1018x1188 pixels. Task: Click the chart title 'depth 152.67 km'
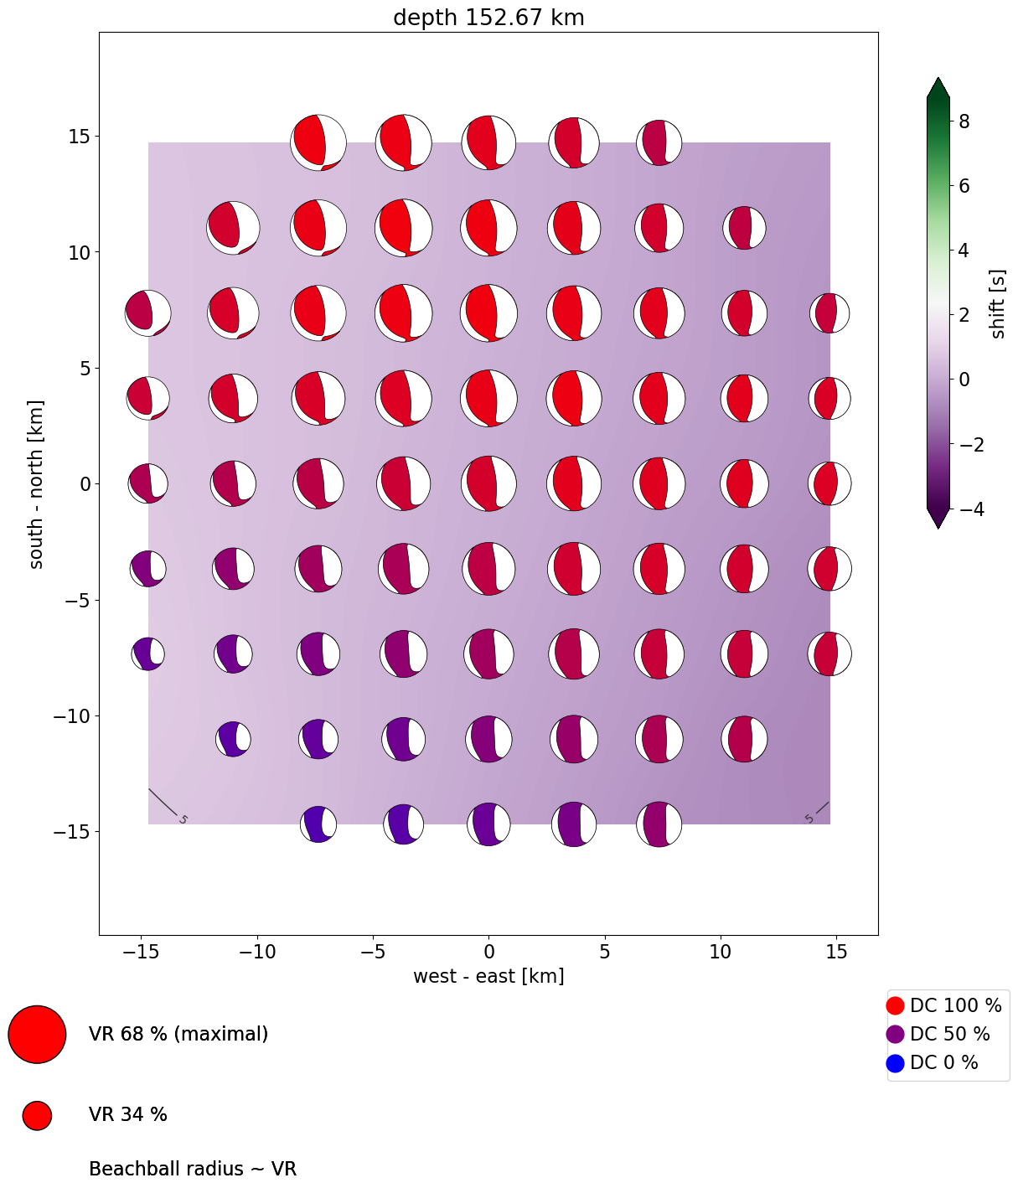[x=488, y=18]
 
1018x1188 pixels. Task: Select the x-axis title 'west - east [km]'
[x=488, y=976]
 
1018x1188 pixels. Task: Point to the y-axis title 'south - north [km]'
[x=37, y=484]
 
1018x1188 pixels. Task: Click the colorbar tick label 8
[x=964, y=121]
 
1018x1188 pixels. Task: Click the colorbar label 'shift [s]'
[x=997, y=304]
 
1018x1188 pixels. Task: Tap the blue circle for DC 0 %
[x=895, y=1063]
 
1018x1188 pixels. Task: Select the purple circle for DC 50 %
[x=895, y=1035]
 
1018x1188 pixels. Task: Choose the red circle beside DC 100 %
[x=895, y=1005]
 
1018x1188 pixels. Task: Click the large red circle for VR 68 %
[x=37, y=1035]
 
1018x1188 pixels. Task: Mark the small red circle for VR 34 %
[x=37, y=1115]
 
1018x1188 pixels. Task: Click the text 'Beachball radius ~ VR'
[x=193, y=1169]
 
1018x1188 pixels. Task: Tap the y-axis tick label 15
[x=80, y=136]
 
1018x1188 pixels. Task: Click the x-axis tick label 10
[x=721, y=952]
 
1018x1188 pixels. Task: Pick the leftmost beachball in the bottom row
[x=318, y=824]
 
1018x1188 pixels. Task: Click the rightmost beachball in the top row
[x=659, y=142]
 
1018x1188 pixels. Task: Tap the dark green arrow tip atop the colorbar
[x=938, y=86]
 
